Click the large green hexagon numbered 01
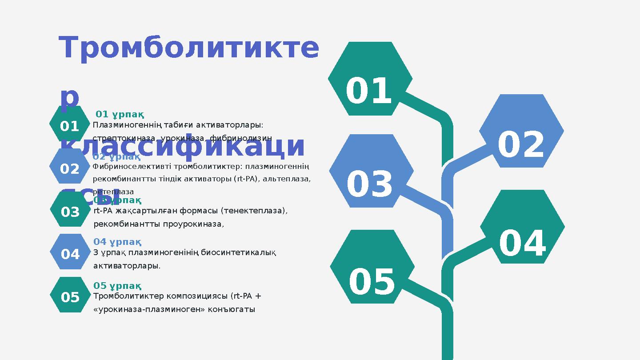[370, 79]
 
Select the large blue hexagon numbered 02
[521, 131]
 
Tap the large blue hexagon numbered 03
[371, 171]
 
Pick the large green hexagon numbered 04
[522, 227]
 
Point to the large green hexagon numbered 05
[372, 267]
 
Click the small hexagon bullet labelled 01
[69, 126]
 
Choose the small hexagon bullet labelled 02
[69, 168]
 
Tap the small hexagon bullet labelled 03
[70, 212]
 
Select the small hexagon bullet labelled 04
[70, 254]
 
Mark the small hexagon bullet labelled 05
[70, 297]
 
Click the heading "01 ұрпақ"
[120, 115]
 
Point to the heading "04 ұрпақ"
[117, 242]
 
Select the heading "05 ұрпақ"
[117, 285]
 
